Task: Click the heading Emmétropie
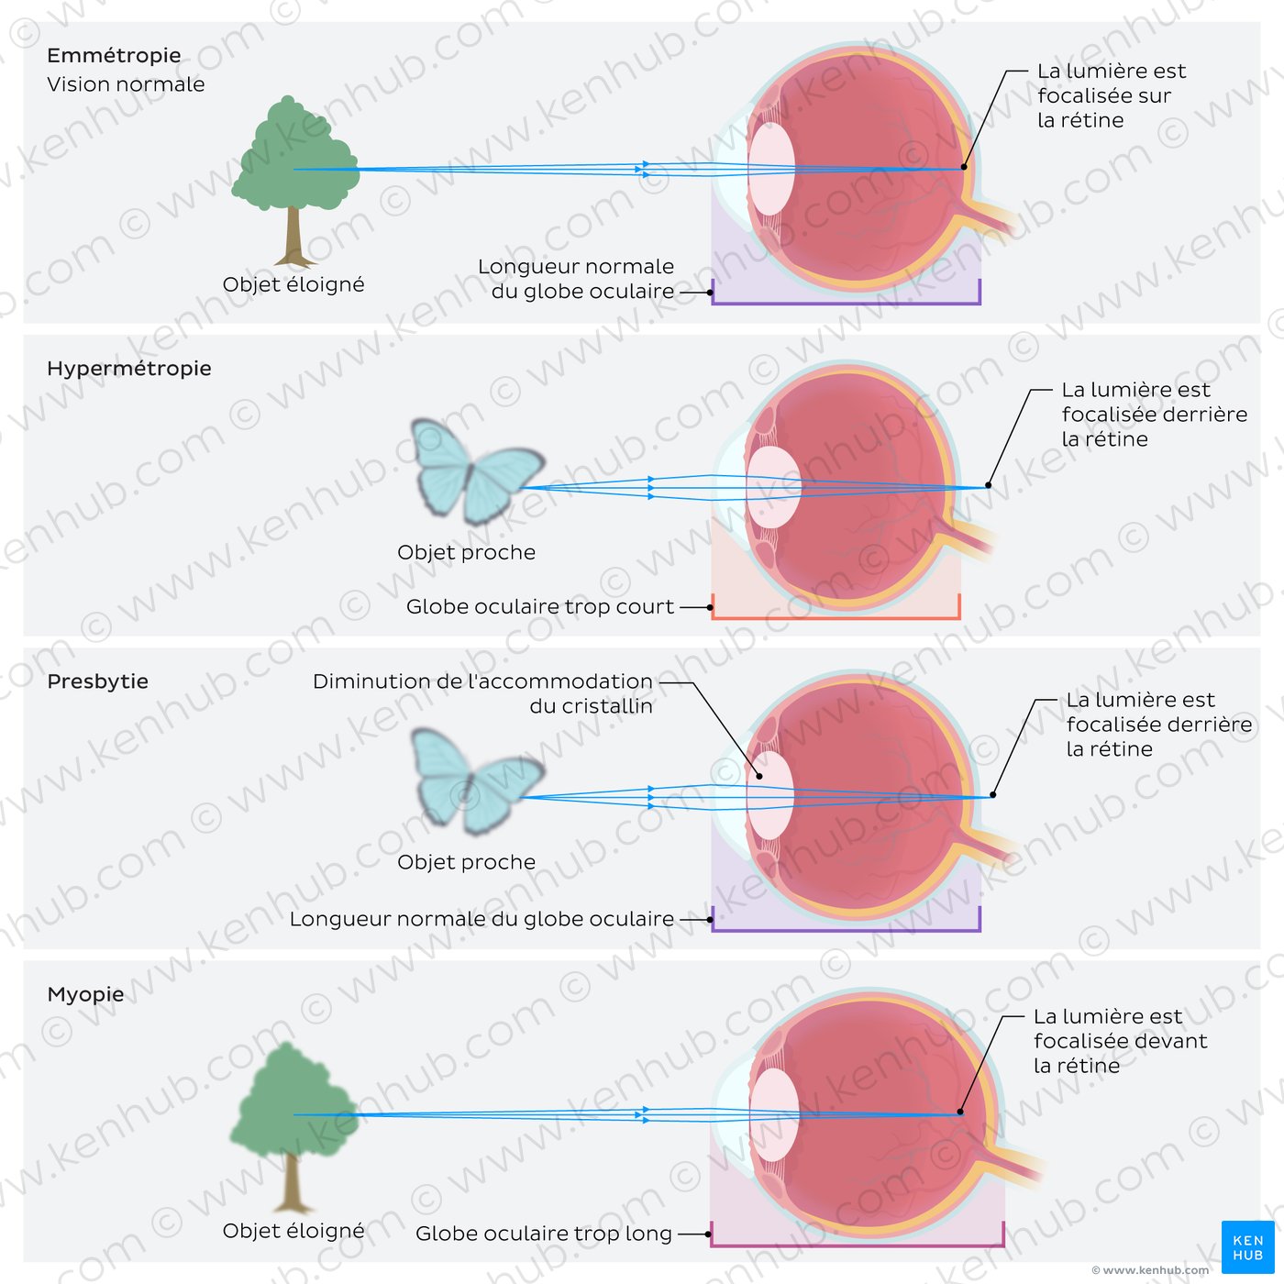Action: [x=114, y=55]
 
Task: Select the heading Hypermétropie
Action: [x=129, y=369]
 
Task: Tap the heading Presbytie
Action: [x=98, y=681]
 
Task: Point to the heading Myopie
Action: [x=86, y=994]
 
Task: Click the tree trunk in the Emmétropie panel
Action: [x=293, y=236]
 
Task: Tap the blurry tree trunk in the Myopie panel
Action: [x=291, y=1182]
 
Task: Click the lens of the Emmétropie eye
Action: [x=771, y=170]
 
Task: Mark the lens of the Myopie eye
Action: [x=774, y=1114]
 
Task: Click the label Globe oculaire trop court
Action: [x=539, y=606]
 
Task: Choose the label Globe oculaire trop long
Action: [x=544, y=1234]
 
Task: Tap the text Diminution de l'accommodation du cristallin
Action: [x=483, y=693]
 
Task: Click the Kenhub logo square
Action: [x=1247, y=1247]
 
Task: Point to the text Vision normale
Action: [x=126, y=84]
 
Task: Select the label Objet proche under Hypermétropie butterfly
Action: [x=467, y=552]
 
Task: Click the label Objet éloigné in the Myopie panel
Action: [x=293, y=1231]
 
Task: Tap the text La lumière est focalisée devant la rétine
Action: [x=1120, y=1041]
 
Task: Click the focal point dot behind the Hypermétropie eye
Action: [x=988, y=486]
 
